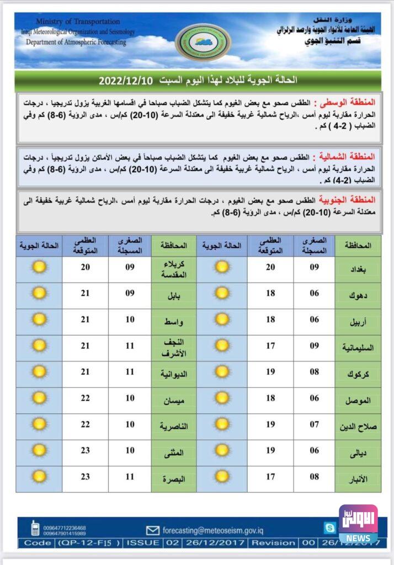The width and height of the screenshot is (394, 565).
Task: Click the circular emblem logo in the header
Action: tap(203, 42)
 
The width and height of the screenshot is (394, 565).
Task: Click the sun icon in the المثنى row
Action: tap(39, 450)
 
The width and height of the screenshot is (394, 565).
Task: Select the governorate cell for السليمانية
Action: tap(359, 348)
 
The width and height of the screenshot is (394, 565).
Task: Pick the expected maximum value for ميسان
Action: tap(85, 398)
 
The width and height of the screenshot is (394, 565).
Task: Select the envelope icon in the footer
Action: tap(153, 530)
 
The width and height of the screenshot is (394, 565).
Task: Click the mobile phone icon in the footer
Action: tap(35, 529)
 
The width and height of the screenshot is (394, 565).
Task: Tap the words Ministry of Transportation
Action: tap(78, 22)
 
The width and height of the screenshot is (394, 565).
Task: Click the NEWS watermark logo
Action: tap(358, 525)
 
